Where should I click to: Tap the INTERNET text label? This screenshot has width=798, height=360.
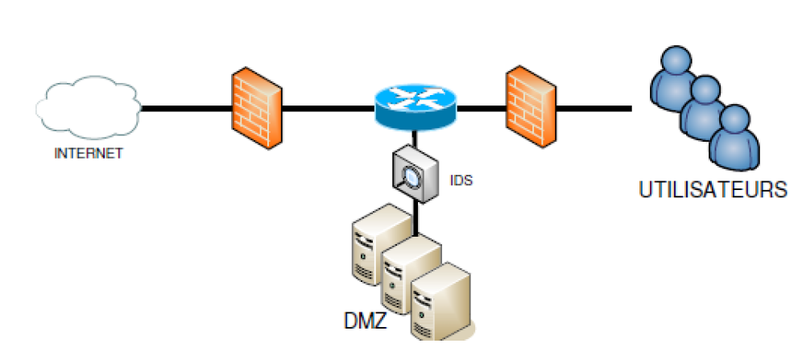click(x=89, y=153)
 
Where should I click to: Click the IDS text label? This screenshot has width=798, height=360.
click(x=461, y=180)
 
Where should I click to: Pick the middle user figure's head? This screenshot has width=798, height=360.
click(x=705, y=89)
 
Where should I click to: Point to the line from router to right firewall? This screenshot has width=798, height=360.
click(x=482, y=108)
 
